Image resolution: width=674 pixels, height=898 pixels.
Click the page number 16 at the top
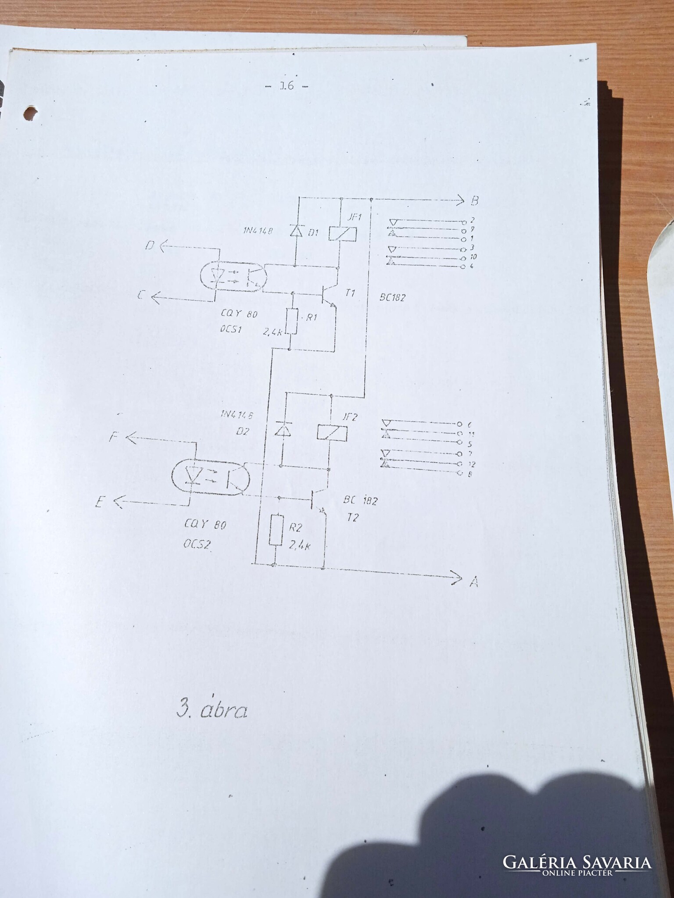287,86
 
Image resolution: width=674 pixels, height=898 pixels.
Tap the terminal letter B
474,201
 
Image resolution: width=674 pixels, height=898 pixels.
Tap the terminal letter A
473,582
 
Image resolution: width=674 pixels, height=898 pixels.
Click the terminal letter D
150,246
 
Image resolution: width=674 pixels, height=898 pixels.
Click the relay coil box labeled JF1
343,234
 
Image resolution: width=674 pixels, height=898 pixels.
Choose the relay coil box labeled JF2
332,432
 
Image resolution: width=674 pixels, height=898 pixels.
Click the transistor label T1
350,293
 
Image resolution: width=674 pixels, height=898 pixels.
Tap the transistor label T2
352,517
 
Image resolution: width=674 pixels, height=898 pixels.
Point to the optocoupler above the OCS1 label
232,278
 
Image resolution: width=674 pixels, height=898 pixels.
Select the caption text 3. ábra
212,709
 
